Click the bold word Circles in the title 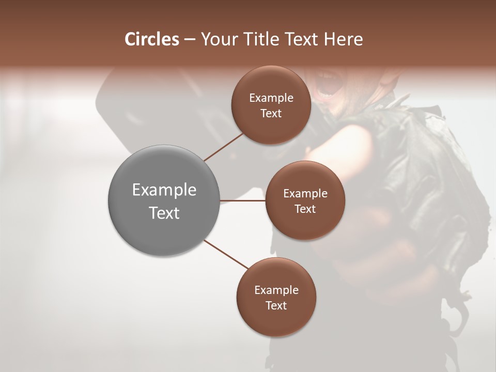tap(151, 39)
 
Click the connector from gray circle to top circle tap(224, 147)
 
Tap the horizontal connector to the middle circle tap(243, 200)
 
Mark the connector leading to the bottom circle tap(226, 254)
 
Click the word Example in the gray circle tap(164, 190)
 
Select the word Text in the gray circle tap(164, 213)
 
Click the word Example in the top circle tap(271, 98)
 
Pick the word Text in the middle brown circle tap(305, 209)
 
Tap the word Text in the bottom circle tap(276, 305)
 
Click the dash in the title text tap(189, 40)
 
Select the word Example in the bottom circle tap(276, 290)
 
